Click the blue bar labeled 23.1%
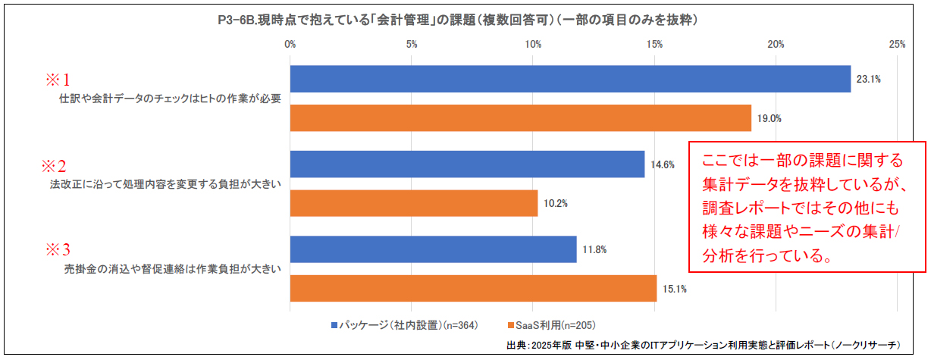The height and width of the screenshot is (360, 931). click(x=570, y=79)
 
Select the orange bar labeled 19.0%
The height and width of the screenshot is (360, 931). click(x=520, y=117)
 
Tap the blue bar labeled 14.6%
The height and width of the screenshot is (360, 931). click(x=467, y=164)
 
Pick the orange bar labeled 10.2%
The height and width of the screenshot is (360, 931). click(x=413, y=203)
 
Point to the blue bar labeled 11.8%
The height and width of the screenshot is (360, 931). click(x=433, y=249)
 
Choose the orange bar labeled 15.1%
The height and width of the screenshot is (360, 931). click(x=473, y=288)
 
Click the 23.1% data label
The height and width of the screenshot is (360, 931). click(x=868, y=79)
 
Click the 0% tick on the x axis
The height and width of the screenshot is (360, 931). click(x=290, y=45)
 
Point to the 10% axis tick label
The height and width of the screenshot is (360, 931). click(x=533, y=45)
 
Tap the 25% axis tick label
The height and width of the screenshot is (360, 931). click(x=897, y=45)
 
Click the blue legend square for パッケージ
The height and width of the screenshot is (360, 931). click(x=334, y=325)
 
